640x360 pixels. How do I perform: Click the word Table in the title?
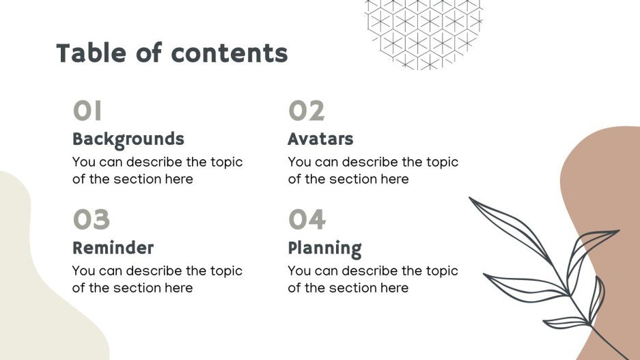click(x=90, y=53)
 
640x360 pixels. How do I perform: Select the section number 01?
click(x=87, y=111)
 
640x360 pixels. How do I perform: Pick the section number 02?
click(x=306, y=111)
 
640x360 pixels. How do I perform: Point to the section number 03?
click(x=91, y=220)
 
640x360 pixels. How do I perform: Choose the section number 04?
click(x=307, y=220)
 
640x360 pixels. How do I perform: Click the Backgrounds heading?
click(x=128, y=139)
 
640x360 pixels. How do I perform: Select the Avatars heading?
click(x=320, y=139)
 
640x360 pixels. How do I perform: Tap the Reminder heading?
click(x=113, y=248)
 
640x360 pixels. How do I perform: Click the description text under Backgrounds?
click(x=157, y=171)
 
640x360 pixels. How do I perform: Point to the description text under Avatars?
click(x=373, y=171)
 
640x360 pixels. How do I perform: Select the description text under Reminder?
click(x=157, y=279)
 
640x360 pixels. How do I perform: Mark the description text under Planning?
click(x=373, y=279)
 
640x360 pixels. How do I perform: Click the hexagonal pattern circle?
click(x=423, y=31)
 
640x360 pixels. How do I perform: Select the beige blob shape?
click(x=34, y=287)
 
